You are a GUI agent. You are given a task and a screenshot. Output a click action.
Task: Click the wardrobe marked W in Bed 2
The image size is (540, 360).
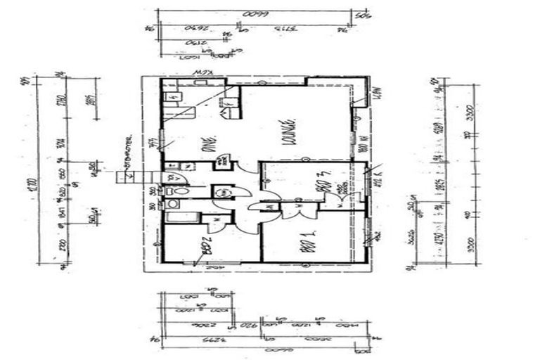pyautogui.click(x=217, y=219)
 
